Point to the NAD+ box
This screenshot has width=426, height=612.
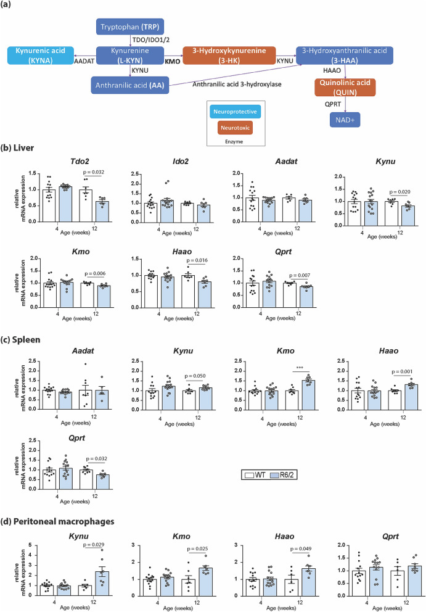pyautogui.click(x=344, y=119)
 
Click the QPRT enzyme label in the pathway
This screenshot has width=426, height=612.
pyautogui.click(x=333, y=105)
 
